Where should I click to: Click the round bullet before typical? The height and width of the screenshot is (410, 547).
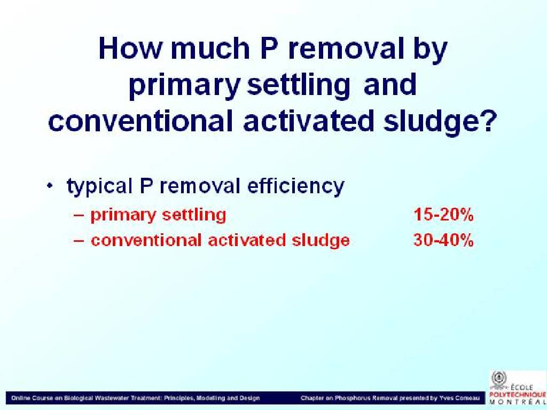[x=50, y=185]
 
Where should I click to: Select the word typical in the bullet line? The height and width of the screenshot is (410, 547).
[x=99, y=186]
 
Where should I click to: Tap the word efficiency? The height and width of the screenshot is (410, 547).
[x=296, y=186]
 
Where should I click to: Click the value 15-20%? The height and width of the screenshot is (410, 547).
[x=443, y=215]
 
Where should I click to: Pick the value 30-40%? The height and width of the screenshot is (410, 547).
[x=443, y=240]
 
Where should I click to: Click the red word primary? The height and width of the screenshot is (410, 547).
[x=123, y=216]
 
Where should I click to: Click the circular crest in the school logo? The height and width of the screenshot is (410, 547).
[x=499, y=378]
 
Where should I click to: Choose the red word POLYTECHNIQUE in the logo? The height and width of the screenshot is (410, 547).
[x=518, y=395]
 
